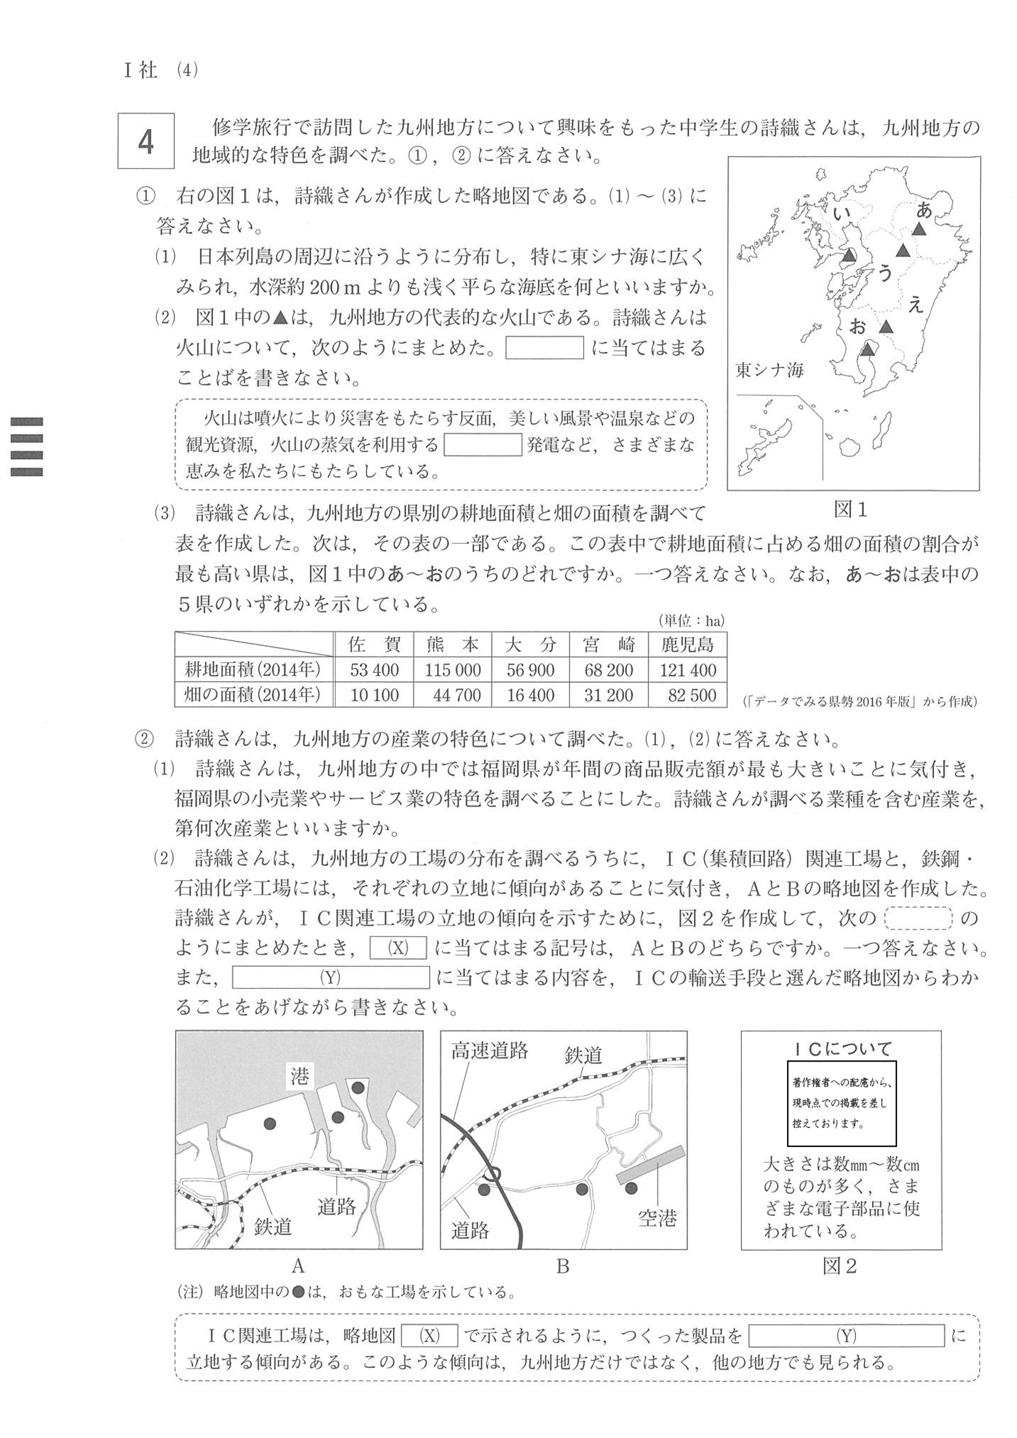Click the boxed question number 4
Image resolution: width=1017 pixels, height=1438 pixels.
pyautogui.click(x=145, y=141)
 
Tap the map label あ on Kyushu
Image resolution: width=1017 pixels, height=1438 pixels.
pyautogui.click(x=924, y=210)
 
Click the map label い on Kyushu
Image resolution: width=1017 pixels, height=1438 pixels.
pyautogui.click(x=842, y=214)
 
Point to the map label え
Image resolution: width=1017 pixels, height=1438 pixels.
pyautogui.click(x=916, y=305)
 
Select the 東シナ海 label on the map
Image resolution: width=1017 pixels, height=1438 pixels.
pyautogui.click(x=769, y=370)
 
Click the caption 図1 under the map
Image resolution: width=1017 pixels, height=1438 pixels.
pyautogui.click(x=850, y=510)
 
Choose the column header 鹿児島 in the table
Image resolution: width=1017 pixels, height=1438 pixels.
pyautogui.click(x=687, y=645)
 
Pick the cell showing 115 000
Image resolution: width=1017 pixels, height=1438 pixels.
pyautogui.click(x=452, y=670)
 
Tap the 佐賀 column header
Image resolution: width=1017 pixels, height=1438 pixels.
pyautogui.click(x=374, y=645)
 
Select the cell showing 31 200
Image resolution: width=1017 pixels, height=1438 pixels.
pyautogui.click(x=608, y=695)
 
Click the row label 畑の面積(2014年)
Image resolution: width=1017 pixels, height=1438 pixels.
pyautogui.click(x=252, y=694)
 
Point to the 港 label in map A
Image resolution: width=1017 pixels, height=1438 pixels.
pyautogui.click(x=300, y=1076)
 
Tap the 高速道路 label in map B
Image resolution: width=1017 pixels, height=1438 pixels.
pyautogui.click(x=489, y=1051)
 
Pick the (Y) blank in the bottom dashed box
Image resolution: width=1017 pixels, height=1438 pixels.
pyautogui.click(x=846, y=1336)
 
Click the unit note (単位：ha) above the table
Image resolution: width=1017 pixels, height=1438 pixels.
pyautogui.click(x=691, y=621)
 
